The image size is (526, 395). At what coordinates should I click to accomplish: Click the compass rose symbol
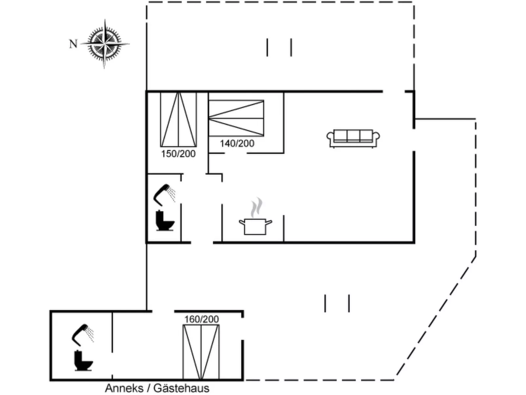pyautogui.click(x=105, y=44)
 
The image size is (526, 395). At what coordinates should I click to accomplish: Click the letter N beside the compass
pyautogui.click(x=73, y=44)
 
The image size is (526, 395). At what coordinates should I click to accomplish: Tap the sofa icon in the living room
pyautogui.click(x=353, y=138)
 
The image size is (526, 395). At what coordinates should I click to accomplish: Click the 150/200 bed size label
pyautogui.click(x=178, y=154)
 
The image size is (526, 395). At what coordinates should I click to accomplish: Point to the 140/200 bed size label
pyautogui.click(x=237, y=143)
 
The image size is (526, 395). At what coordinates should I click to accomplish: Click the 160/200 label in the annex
pyautogui.click(x=201, y=319)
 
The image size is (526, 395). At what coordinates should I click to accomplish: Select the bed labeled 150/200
pyautogui.click(x=178, y=120)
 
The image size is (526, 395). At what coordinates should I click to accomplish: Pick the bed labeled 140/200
pyautogui.click(x=236, y=118)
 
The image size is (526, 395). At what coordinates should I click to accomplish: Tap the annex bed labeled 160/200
pyautogui.click(x=201, y=352)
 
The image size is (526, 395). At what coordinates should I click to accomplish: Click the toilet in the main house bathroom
pyautogui.click(x=164, y=221)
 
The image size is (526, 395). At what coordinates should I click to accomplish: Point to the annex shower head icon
pyautogui.click(x=83, y=334)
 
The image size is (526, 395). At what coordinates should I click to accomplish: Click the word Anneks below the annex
pyautogui.click(x=124, y=388)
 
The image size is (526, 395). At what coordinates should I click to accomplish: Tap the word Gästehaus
pyautogui.click(x=181, y=388)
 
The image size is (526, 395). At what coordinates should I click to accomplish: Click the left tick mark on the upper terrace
pyautogui.click(x=267, y=47)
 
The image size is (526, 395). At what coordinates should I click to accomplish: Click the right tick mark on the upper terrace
pyautogui.click(x=291, y=47)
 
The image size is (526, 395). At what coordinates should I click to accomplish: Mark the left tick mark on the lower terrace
pyautogui.click(x=325, y=303)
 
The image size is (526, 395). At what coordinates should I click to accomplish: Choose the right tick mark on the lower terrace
pyautogui.click(x=349, y=303)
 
